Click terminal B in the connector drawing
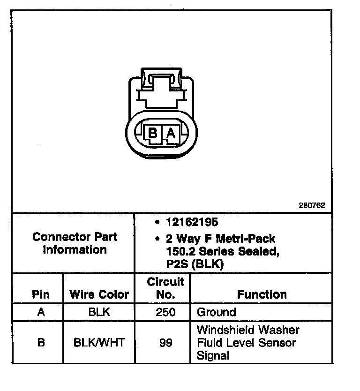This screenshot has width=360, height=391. click(152, 134)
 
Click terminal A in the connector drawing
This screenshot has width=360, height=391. click(171, 134)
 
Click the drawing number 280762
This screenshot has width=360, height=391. click(312, 205)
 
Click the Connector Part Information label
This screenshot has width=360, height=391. click(75, 243)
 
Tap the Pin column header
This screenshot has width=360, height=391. click(40, 294)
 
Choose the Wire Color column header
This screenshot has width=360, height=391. click(99, 294)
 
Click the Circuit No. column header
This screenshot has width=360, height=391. click(165, 288)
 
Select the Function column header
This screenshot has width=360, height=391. click(262, 294)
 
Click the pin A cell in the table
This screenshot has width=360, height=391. click(41, 312)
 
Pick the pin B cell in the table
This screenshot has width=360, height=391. click(41, 342)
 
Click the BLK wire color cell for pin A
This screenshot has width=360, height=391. click(99, 312)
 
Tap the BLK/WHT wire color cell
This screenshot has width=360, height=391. click(99, 342)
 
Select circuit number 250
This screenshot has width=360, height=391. click(165, 312)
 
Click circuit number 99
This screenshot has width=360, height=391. click(165, 342)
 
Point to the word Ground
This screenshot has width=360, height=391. click(217, 312)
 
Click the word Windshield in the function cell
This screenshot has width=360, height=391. click(225, 330)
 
